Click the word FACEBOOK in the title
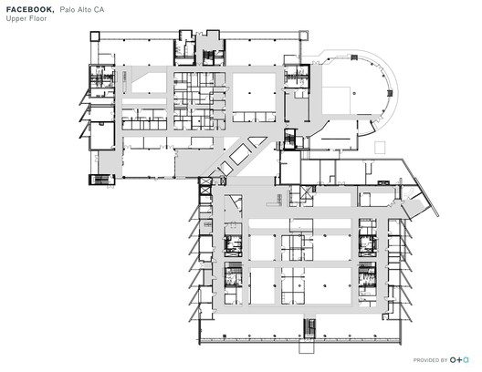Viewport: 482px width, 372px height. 30,9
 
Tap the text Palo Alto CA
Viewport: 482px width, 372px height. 82,10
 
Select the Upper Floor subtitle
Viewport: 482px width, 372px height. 26,18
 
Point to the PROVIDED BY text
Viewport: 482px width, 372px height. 430,360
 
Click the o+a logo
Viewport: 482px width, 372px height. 459,360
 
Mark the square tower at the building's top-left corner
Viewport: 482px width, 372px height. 95,36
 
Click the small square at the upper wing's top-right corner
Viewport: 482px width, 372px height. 303,35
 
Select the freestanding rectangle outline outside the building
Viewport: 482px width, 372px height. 380,147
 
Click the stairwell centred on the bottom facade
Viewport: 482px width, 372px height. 309,329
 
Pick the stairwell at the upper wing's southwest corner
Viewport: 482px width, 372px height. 101,180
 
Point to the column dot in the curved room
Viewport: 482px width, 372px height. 354,93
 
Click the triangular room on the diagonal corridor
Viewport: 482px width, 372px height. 257,141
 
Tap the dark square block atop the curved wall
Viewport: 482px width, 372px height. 354,57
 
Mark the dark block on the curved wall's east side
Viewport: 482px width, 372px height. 390,93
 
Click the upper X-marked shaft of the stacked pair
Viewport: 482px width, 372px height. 205,181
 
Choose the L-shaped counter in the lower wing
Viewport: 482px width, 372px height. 275,200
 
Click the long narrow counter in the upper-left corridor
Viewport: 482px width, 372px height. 124,82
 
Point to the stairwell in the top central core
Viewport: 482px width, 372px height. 208,57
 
